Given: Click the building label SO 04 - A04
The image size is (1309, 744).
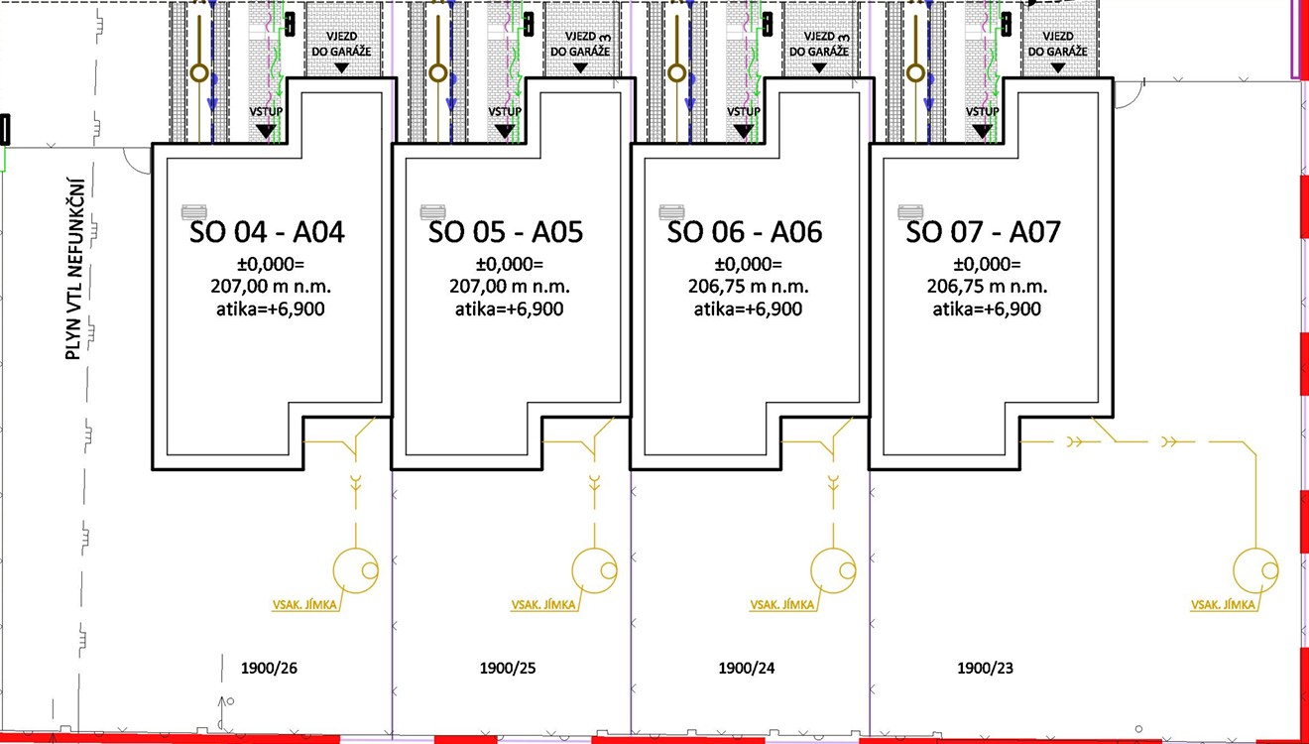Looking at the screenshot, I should click(267, 232).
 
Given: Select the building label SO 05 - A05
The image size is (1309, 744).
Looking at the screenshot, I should click(506, 232).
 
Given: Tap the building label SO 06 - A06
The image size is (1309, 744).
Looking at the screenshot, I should click(745, 232).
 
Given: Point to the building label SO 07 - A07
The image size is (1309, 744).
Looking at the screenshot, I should click(984, 232).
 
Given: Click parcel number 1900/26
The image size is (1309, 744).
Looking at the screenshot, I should click(270, 669).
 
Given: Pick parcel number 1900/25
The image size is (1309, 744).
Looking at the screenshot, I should click(508, 669).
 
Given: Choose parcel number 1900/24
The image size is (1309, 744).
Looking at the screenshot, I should click(747, 669).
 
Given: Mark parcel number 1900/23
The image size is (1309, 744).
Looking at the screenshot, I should click(986, 669).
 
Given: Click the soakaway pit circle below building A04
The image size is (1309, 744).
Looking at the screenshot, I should click(356, 569).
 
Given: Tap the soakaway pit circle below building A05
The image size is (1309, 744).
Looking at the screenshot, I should click(595, 569).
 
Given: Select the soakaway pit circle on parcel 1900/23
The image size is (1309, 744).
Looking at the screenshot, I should click(1255, 569).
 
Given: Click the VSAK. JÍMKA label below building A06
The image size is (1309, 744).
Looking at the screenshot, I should click(782, 604).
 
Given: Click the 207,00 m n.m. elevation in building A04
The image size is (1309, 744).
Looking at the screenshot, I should click(267, 287).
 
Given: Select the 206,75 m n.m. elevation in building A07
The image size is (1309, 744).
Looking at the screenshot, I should click(987, 287).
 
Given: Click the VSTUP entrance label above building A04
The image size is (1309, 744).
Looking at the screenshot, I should click(266, 112).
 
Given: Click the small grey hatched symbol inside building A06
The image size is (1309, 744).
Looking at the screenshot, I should click(672, 211).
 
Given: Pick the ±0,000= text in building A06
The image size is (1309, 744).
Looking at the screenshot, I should click(749, 265).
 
